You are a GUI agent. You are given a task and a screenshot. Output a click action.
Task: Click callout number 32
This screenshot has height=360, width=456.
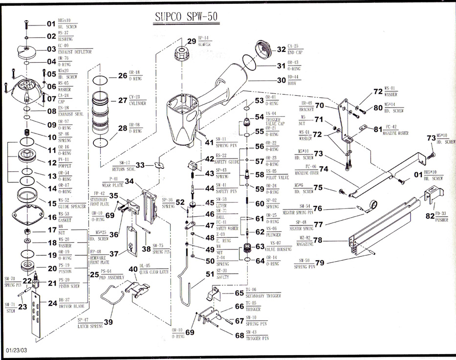[x=281, y=49]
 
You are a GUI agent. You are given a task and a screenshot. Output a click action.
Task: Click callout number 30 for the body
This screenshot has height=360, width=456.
[x=281, y=81]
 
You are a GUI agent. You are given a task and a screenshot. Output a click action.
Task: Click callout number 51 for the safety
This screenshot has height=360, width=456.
[x=210, y=274]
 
